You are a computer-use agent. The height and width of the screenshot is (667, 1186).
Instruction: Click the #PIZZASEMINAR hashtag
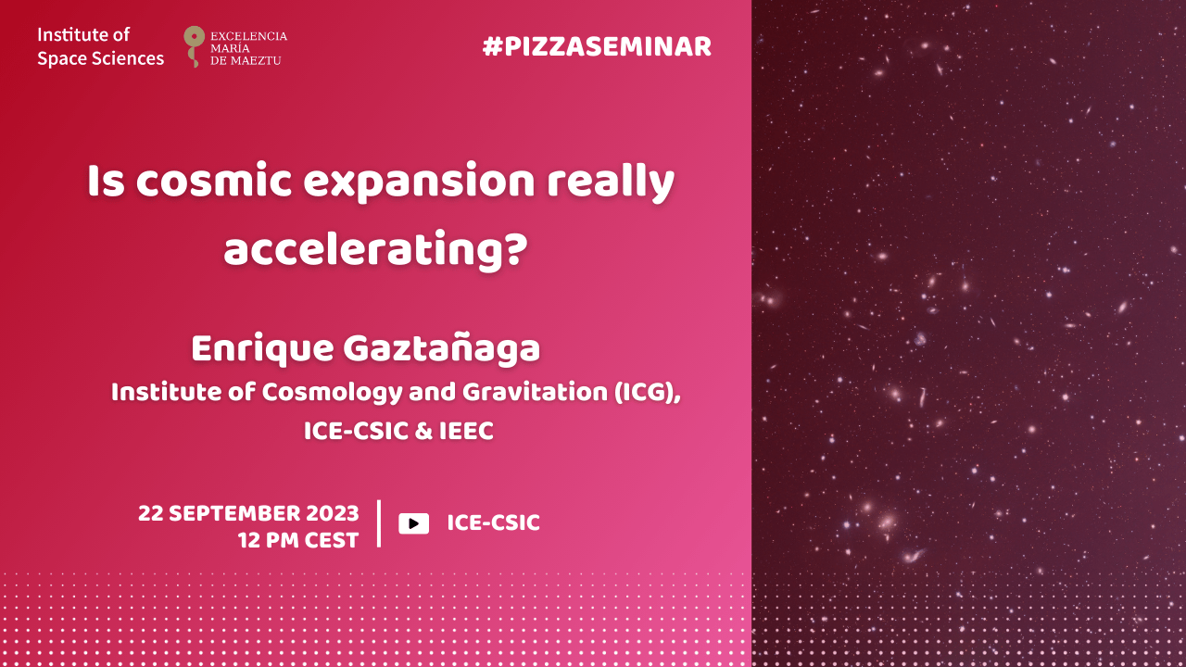(597, 46)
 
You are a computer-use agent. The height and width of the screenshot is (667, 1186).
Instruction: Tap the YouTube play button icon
(413, 523)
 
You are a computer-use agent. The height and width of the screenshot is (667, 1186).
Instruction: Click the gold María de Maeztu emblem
(194, 46)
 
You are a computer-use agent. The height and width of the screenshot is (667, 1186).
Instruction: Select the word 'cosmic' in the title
(213, 182)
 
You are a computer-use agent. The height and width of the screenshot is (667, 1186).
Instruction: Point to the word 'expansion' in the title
(419, 183)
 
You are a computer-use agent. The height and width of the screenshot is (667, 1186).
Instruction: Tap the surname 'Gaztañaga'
(442, 349)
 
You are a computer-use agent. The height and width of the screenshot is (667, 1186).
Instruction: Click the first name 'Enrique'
(262, 349)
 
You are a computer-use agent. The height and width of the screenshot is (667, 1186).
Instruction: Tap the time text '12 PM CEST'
(298, 540)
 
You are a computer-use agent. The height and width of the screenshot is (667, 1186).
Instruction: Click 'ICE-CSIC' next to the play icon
(494, 523)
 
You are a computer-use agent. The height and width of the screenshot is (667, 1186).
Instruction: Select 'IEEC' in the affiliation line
(466, 431)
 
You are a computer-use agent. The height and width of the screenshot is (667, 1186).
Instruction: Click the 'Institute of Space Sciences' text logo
(101, 46)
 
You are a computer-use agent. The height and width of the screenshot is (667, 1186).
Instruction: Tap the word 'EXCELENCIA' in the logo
(249, 36)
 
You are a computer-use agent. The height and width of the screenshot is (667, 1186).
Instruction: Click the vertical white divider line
(379, 523)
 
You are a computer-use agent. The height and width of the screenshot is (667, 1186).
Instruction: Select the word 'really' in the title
(611, 183)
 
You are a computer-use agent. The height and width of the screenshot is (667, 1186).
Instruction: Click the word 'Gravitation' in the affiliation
(535, 392)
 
